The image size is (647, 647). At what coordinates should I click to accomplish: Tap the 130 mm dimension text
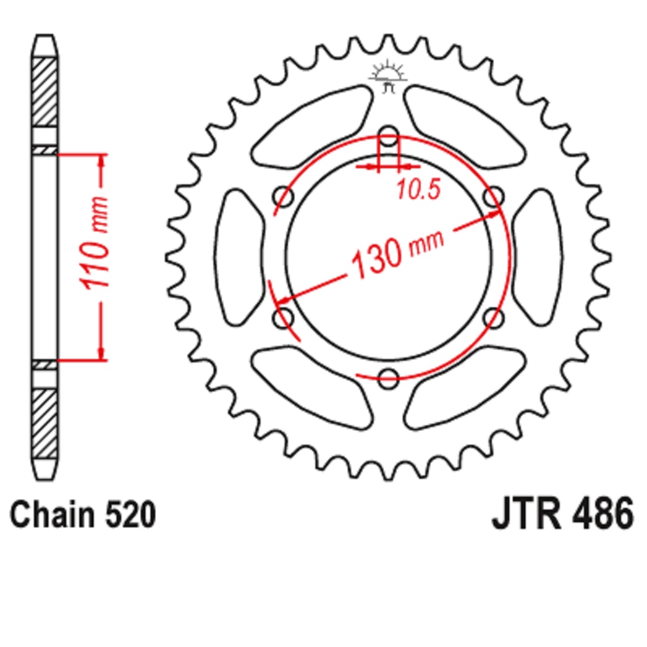coord(397,253)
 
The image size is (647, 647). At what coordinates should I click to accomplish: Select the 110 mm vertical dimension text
coord(95,243)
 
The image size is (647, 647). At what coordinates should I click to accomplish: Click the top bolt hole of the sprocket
coord(388,136)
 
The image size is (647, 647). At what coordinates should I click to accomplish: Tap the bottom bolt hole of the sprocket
coord(388,378)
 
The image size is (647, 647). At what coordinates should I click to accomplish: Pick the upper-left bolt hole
coord(284,197)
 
